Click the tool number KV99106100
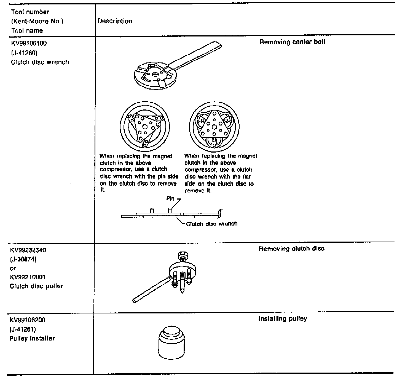tap(29, 43)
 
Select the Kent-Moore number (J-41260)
tap(24, 53)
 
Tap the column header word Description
tap(115, 21)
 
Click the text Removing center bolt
tap(292, 42)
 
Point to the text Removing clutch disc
tap(291, 249)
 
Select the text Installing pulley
tap(283, 319)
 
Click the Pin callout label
tap(170, 199)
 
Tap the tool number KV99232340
tap(28, 250)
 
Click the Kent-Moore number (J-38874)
tap(23, 259)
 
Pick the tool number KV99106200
tap(28, 320)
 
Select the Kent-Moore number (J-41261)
tap(23, 329)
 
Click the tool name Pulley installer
tap(32, 338)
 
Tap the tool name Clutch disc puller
tap(36, 286)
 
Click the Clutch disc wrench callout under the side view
tap(211, 224)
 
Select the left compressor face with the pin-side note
tap(144, 127)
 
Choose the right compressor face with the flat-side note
tap(214, 127)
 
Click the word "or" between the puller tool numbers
tap(13, 268)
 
